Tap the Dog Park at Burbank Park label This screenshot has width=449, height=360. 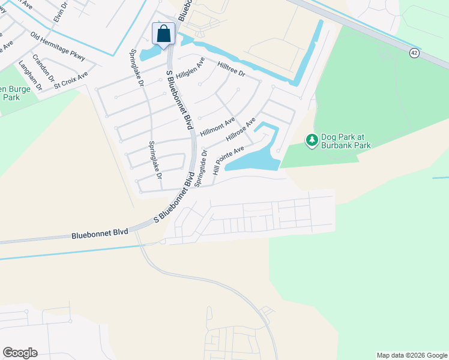tap(346, 141)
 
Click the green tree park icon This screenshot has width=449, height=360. tap(312, 140)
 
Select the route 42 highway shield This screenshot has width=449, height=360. tap(414, 53)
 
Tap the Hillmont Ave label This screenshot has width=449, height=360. tap(217, 126)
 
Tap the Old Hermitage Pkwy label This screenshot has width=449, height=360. tap(58, 46)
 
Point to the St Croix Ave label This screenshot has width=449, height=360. tap(71, 80)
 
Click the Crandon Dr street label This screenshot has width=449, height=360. tap(43, 68)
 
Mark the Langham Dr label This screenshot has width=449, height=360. tap(30, 75)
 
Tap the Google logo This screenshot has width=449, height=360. tap(20, 353)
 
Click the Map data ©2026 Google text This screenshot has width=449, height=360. tap(411, 355)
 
